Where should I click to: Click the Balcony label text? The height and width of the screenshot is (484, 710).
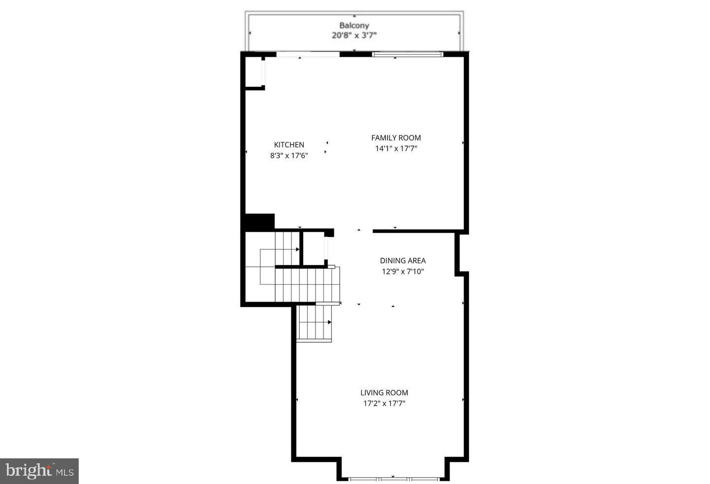tap(354, 25)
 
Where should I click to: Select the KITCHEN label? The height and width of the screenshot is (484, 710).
tap(289, 144)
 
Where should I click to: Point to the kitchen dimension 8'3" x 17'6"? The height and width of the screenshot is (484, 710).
tap(289, 155)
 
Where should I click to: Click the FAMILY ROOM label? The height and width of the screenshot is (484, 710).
tap(396, 138)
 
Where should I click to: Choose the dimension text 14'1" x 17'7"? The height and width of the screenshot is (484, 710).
tap(396, 148)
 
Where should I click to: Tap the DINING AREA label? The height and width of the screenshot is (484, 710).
tap(403, 260)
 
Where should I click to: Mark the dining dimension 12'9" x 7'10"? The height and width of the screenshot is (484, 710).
tap(403, 271)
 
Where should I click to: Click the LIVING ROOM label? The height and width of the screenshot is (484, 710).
tap(384, 392)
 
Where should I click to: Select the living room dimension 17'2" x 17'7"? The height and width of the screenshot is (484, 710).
tap(384, 403)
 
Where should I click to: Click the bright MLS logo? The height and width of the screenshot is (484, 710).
tap(39, 471)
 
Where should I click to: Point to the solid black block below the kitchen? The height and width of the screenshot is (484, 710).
tap(259, 221)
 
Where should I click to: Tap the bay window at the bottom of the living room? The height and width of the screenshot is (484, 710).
tap(393, 479)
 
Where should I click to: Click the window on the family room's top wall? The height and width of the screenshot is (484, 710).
tap(407, 54)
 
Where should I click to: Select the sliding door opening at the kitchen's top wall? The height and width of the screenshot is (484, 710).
tap(308, 54)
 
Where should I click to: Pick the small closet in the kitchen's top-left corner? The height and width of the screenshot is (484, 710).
tap(254, 72)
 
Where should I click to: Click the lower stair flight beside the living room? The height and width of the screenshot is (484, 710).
tap(315, 323)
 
